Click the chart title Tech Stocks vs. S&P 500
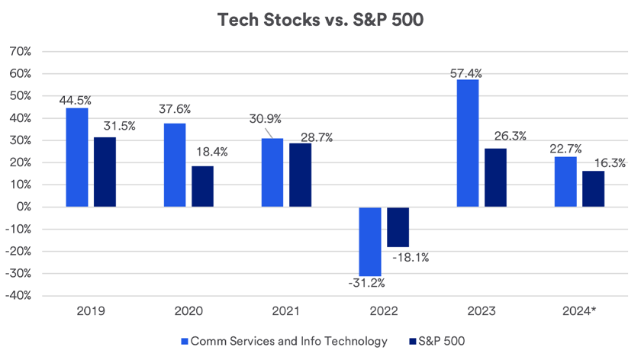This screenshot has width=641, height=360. (320, 21)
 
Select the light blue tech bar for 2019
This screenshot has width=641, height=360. (77, 157)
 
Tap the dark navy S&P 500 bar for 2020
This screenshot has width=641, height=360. (202, 186)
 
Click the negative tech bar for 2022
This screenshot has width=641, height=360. (370, 241)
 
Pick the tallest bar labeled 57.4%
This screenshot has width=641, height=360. (468, 143)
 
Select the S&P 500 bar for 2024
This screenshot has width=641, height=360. (593, 188)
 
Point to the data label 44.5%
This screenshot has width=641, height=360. (78, 99)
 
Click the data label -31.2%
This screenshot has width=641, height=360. (367, 284)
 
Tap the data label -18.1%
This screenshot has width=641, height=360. (411, 257)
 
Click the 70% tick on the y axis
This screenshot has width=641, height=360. (20, 52)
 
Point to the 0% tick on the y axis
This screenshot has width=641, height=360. (23, 207)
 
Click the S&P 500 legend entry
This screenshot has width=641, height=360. (437, 341)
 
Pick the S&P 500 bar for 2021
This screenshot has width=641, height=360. (300, 175)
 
